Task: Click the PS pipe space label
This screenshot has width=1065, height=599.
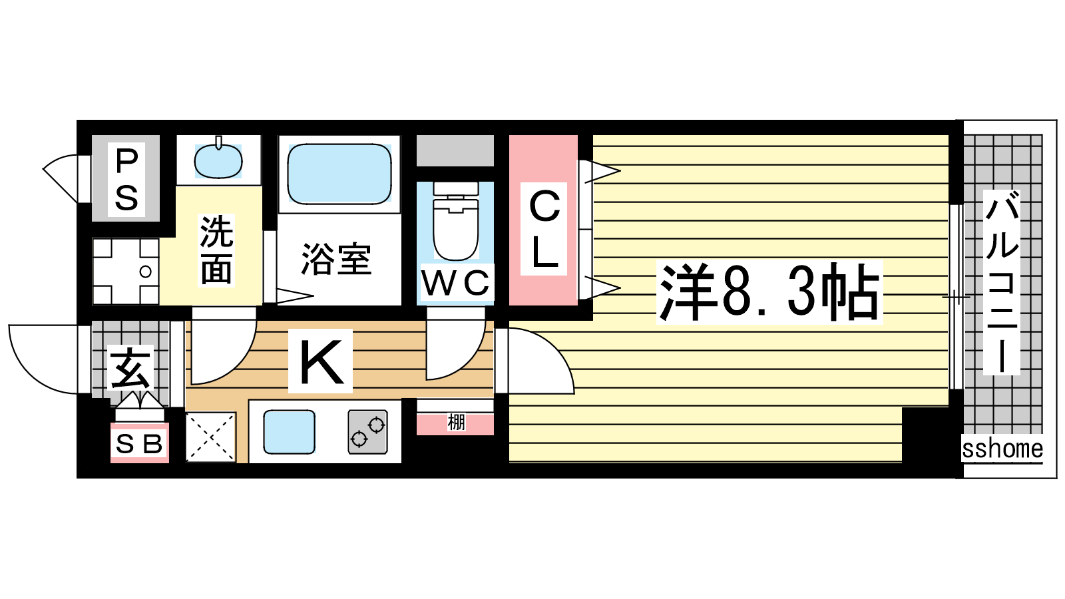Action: [126, 180]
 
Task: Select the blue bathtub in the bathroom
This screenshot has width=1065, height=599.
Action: [339, 174]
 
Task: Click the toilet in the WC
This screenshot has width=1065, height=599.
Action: [455, 221]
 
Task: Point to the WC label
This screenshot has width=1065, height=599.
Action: [455, 284]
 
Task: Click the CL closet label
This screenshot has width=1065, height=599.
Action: [544, 228]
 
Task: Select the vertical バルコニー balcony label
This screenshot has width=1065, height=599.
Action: [1001, 282]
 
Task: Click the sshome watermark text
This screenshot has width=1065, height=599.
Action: [1002, 449]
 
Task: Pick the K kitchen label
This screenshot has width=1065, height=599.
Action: [320, 362]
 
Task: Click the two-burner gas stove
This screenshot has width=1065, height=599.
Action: [367, 432]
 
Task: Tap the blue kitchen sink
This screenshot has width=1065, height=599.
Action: [289, 432]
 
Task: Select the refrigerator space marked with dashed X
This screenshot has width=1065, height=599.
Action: [210, 437]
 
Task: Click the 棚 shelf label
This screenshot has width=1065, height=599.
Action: [456, 422]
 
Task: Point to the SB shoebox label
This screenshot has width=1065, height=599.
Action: [139, 445]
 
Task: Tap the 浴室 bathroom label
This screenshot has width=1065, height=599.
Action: [336, 260]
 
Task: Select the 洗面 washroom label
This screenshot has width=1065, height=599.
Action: [216, 250]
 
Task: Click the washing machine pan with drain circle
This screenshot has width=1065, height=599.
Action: [126, 272]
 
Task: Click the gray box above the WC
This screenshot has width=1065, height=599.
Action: [455, 150]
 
